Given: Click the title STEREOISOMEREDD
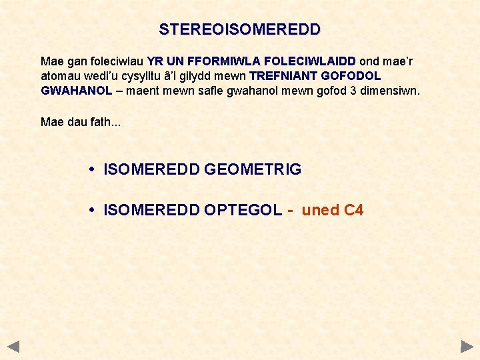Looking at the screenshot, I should pyautogui.click(x=239, y=30).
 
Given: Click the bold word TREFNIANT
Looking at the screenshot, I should pyautogui.click(x=285, y=76).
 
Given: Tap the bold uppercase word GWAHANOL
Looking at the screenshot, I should pyautogui.click(x=76, y=91).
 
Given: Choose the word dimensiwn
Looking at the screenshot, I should pyautogui.click(x=390, y=91).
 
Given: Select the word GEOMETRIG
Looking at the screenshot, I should pyautogui.click(x=253, y=170).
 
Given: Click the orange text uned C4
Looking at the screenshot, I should pyautogui.click(x=332, y=211).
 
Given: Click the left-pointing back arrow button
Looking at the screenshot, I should pyautogui.click(x=14, y=347).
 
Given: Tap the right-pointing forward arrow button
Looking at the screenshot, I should pyautogui.click(x=466, y=347).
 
